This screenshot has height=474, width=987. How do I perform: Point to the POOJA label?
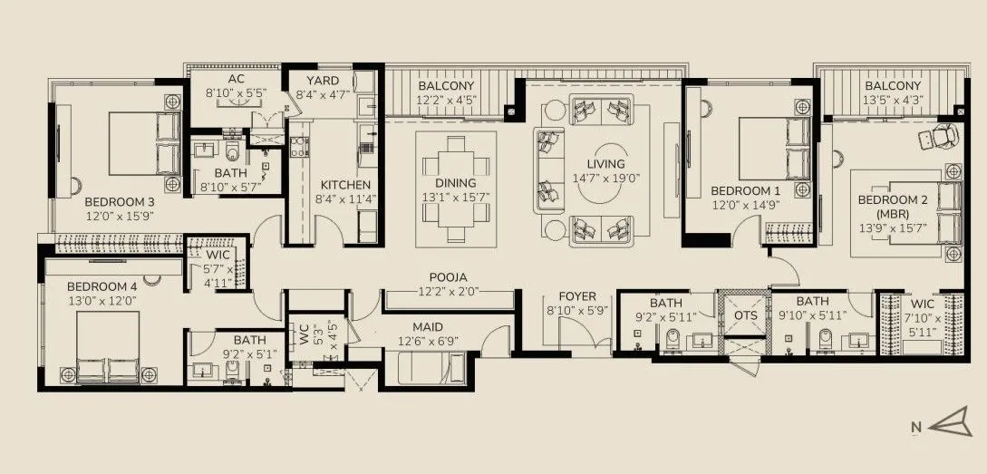(x=448, y=278)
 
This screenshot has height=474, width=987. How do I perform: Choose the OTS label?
(x=744, y=314)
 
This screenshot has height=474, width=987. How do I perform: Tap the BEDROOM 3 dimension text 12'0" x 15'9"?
(x=121, y=217)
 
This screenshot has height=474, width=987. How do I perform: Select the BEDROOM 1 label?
(x=745, y=190)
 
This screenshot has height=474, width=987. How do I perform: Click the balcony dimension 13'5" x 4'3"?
(x=893, y=101)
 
